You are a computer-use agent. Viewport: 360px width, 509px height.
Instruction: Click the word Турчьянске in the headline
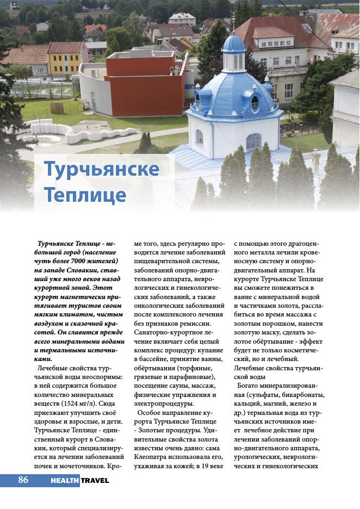pos(101,169)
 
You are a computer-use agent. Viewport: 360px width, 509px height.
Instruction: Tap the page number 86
pos(23,480)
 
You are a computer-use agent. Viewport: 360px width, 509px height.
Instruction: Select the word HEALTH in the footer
pos(65,480)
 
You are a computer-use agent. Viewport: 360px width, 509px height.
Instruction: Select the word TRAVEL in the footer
pos(95,480)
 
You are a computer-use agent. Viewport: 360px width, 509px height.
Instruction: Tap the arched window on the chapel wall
pos(253,141)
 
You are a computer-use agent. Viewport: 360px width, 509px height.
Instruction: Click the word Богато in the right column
pos(249,386)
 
